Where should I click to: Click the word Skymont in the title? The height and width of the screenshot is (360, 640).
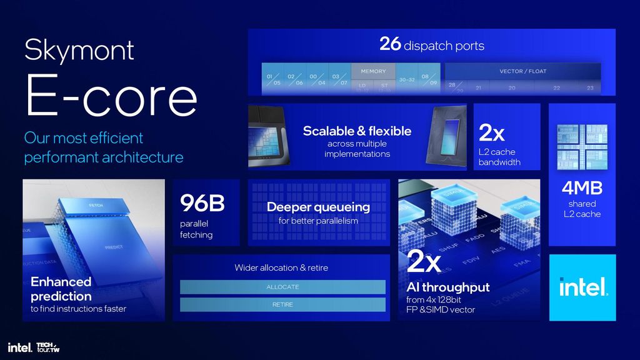pos(79,49)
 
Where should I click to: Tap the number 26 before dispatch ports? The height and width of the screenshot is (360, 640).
pos(390,44)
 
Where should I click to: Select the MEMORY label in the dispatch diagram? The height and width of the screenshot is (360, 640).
pos(373,71)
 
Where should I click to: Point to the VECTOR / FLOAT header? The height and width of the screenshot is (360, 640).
pos(522,71)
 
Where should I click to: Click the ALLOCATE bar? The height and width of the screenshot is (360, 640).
pos(282,287)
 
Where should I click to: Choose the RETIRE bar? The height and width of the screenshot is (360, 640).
pos(282,304)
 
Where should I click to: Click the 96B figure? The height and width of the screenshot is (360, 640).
pos(202,203)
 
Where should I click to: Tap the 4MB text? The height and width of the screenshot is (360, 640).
pos(582,187)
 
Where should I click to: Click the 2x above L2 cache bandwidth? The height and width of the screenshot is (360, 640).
pos(491,133)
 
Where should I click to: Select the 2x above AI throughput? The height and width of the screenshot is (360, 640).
pos(424,262)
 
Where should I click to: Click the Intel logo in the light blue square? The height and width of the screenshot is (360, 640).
pos(582,287)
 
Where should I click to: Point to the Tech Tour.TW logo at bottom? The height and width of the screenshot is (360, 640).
pos(47,347)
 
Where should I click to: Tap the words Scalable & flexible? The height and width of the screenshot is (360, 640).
pos(357,131)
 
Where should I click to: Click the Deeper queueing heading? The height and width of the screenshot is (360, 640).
pos(318,207)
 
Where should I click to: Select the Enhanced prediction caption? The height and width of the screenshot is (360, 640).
pos(61,289)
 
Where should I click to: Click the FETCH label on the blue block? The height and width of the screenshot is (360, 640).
pos(96,206)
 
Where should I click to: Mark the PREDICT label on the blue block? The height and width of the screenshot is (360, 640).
pos(114,247)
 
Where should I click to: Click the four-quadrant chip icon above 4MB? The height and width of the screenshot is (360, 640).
pos(582,147)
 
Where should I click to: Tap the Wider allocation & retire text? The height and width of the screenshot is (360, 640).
pos(281,267)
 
